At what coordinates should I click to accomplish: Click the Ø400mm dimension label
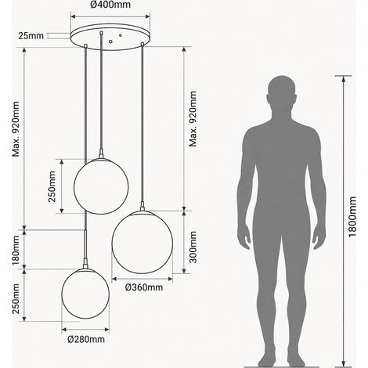[x=110, y=5]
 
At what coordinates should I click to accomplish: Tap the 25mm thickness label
[x=31, y=35]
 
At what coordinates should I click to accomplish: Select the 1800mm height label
[x=352, y=217]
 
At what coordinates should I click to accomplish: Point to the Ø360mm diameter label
[x=144, y=287]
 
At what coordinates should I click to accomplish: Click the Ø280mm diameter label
[x=86, y=339]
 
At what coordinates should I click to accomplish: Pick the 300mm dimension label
[x=193, y=247]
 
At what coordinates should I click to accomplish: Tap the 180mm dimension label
[x=16, y=250]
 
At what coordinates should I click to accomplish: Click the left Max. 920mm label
[x=16, y=129]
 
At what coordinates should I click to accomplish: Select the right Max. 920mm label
[x=193, y=119]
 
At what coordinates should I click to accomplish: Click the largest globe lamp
[x=143, y=242]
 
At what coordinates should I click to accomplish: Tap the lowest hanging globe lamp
[x=85, y=294]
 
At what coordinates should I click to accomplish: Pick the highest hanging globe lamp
[x=101, y=186]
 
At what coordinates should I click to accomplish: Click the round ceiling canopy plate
[x=110, y=37]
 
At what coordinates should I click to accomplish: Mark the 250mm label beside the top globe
[x=52, y=186]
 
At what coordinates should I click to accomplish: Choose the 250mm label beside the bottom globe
[x=16, y=298]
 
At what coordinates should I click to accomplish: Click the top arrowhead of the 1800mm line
[x=344, y=78]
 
